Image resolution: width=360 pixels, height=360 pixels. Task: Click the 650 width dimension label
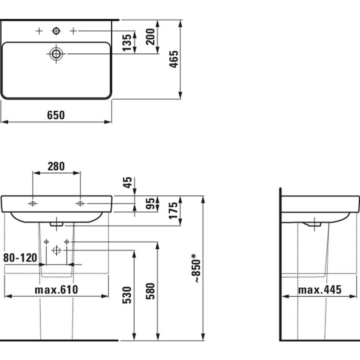pyautogui.click(x=56, y=115)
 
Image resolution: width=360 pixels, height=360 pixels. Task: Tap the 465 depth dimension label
pyautogui.click(x=174, y=59)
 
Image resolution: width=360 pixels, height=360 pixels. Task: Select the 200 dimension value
pyautogui.click(x=151, y=37)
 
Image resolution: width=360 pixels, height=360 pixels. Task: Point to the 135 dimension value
pyautogui.click(x=127, y=43)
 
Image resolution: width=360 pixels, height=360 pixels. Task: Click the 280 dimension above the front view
pyautogui.click(x=56, y=166)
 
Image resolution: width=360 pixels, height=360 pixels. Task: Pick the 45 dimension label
pyautogui.click(x=128, y=183)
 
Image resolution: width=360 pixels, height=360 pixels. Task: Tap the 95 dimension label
pyautogui.click(x=151, y=204)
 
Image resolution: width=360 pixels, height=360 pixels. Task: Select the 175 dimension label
pyautogui.click(x=173, y=211)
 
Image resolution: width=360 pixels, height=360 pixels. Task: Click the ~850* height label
pyautogui.click(x=196, y=268)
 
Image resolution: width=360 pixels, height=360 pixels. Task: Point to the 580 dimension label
pyautogui.click(x=151, y=291)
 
